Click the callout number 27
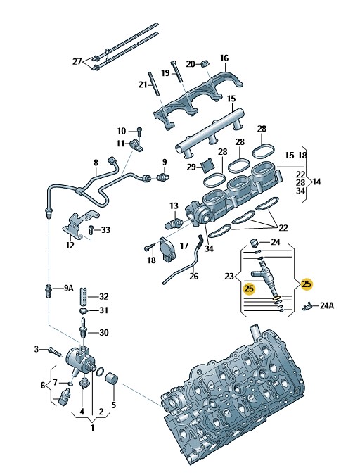pyautogui.click(x=77, y=61)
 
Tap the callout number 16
pyautogui.click(x=224, y=58)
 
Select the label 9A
pyautogui.click(x=69, y=288)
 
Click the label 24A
pyautogui.click(x=327, y=305)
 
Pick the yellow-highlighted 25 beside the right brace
pyautogui.click(x=307, y=284)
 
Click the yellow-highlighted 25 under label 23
pyautogui.click(x=250, y=289)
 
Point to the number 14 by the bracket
pyautogui.click(x=316, y=182)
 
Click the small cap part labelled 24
pyautogui.click(x=253, y=242)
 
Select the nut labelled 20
pyautogui.click(x=205, y=63)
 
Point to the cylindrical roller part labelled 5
pyautogui.click(x=111, y=379)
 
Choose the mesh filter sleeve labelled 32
pyautogui.click(x=84, y=296)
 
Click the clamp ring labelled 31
pyautogui.click(x=83, y=311)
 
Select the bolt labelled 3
pyautogui.click(x=55, y=352)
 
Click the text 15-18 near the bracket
pyautogui.click(x=296, y=156)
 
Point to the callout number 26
pyautogui.click(x=194, y=276)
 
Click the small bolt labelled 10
pyautogui.click(x=139, y=132)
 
